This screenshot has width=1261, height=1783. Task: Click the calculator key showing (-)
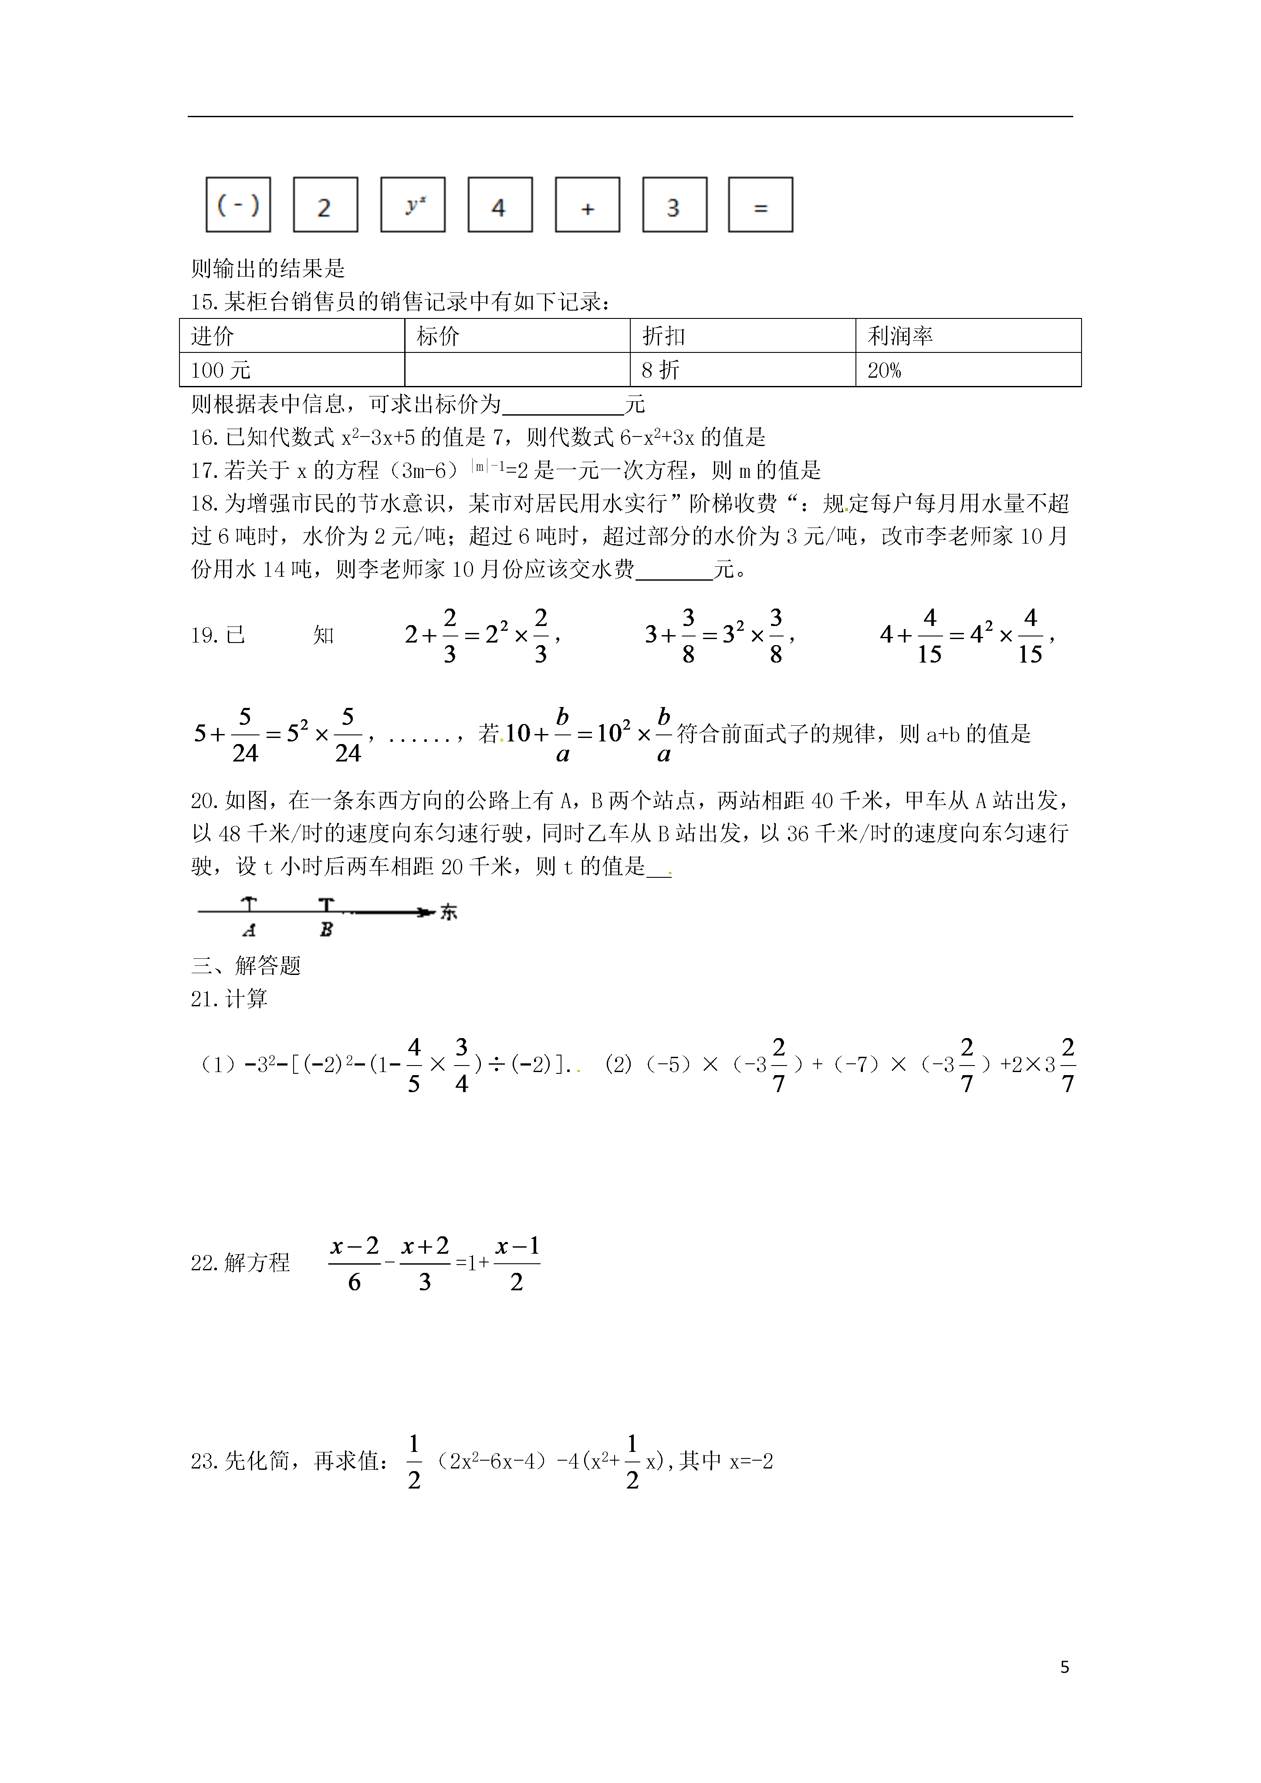point(237,205)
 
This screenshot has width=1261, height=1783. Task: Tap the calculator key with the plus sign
point(587,205)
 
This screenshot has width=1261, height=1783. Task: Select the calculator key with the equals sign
point(760,205)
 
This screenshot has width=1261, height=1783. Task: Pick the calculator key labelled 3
point(674,205)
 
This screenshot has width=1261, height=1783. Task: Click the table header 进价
point(213,336)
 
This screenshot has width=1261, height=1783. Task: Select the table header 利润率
point(900,336)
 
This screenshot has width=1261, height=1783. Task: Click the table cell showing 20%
point(884,370)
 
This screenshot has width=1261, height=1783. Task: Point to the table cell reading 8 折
point(660,370)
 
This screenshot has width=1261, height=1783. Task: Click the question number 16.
point(204,438)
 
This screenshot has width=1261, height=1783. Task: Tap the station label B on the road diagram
point(326,930)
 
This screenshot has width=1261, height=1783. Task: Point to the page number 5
point(1065,1667)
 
